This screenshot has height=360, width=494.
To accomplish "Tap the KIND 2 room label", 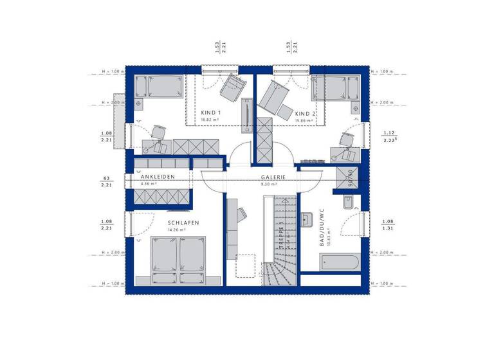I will (x=305, y=113).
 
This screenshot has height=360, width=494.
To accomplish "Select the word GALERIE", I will (x=273, y=177).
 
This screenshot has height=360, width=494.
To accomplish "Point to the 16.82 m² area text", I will (x=210, y=120).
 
